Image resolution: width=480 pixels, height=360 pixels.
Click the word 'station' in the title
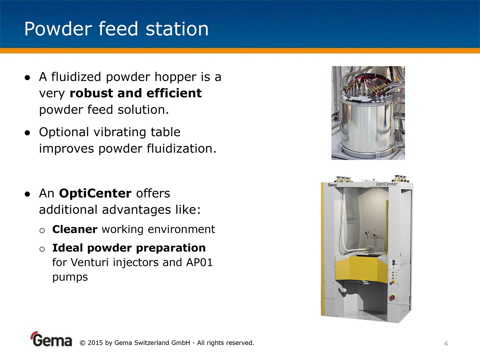pos(177,29)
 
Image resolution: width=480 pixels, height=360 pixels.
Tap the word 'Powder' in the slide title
pos(58,29)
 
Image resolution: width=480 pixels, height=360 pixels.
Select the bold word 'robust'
pos(91,93)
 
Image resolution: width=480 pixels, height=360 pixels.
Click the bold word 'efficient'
pos(174,93)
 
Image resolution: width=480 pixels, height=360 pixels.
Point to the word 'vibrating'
pos(120,132)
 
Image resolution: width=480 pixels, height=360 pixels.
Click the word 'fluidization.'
pos(181,148)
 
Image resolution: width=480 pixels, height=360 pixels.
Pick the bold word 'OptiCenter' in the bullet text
pos(95,193)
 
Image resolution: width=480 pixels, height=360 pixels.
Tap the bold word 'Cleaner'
pos(75,229)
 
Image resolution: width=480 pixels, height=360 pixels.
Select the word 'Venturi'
pos(90,262)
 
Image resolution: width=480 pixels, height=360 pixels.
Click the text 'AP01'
pos(199,262)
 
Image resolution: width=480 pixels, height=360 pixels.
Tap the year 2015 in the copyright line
pos(95,343)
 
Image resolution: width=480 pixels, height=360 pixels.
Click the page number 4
pos(446,344)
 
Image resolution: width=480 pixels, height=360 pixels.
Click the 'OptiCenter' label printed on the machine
pos(386,184)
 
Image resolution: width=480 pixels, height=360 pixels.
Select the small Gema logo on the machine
pos(332,185)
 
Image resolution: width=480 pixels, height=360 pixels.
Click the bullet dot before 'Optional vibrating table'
pos(27,133)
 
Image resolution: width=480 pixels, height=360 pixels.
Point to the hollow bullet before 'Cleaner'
pos(42,230)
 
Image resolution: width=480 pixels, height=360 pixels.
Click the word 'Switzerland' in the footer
pos(151,343)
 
